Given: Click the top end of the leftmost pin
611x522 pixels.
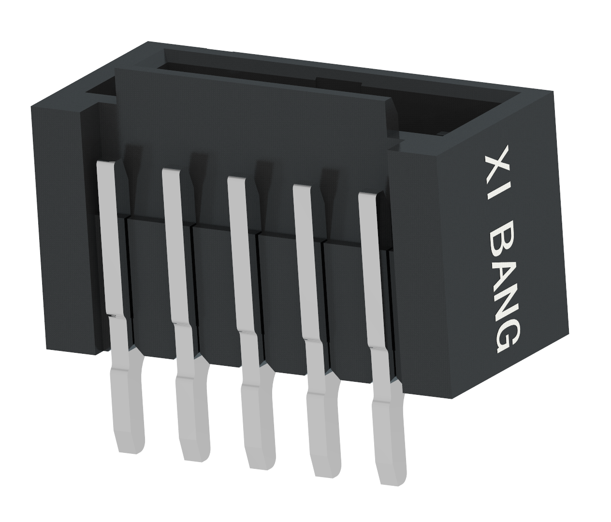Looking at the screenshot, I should (106, 165).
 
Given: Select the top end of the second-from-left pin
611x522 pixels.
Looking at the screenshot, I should (171, 172).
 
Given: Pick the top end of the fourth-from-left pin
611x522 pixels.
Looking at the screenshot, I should (302, 188).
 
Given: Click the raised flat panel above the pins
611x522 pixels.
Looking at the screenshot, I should (251, 121).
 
